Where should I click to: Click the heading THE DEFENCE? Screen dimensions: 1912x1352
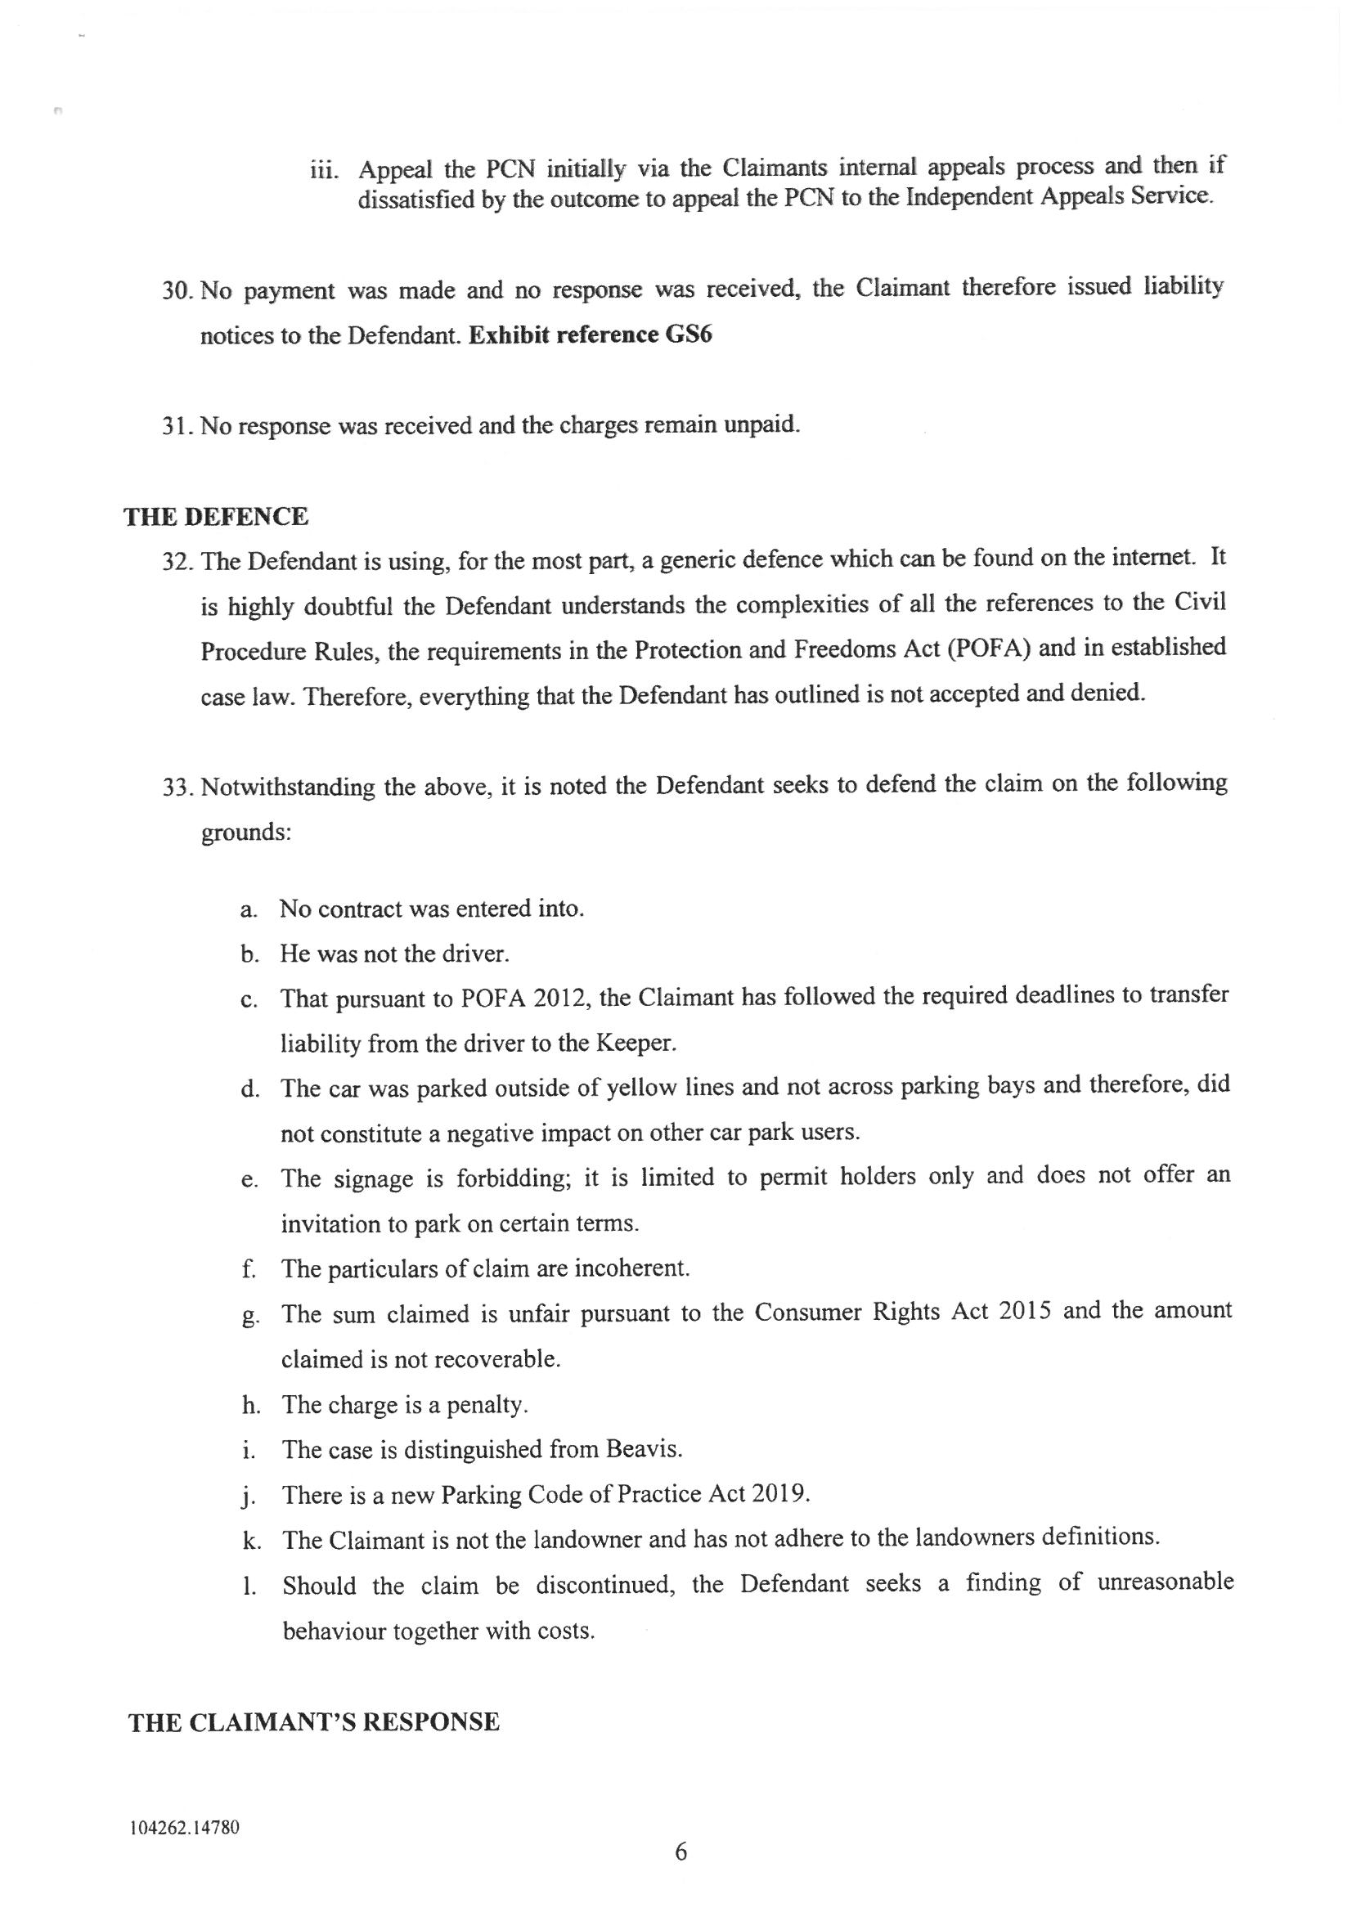216,517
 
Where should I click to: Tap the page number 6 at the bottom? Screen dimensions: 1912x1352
680,1851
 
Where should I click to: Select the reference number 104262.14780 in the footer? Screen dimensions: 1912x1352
185,1829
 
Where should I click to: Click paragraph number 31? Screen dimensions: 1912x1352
177,426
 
